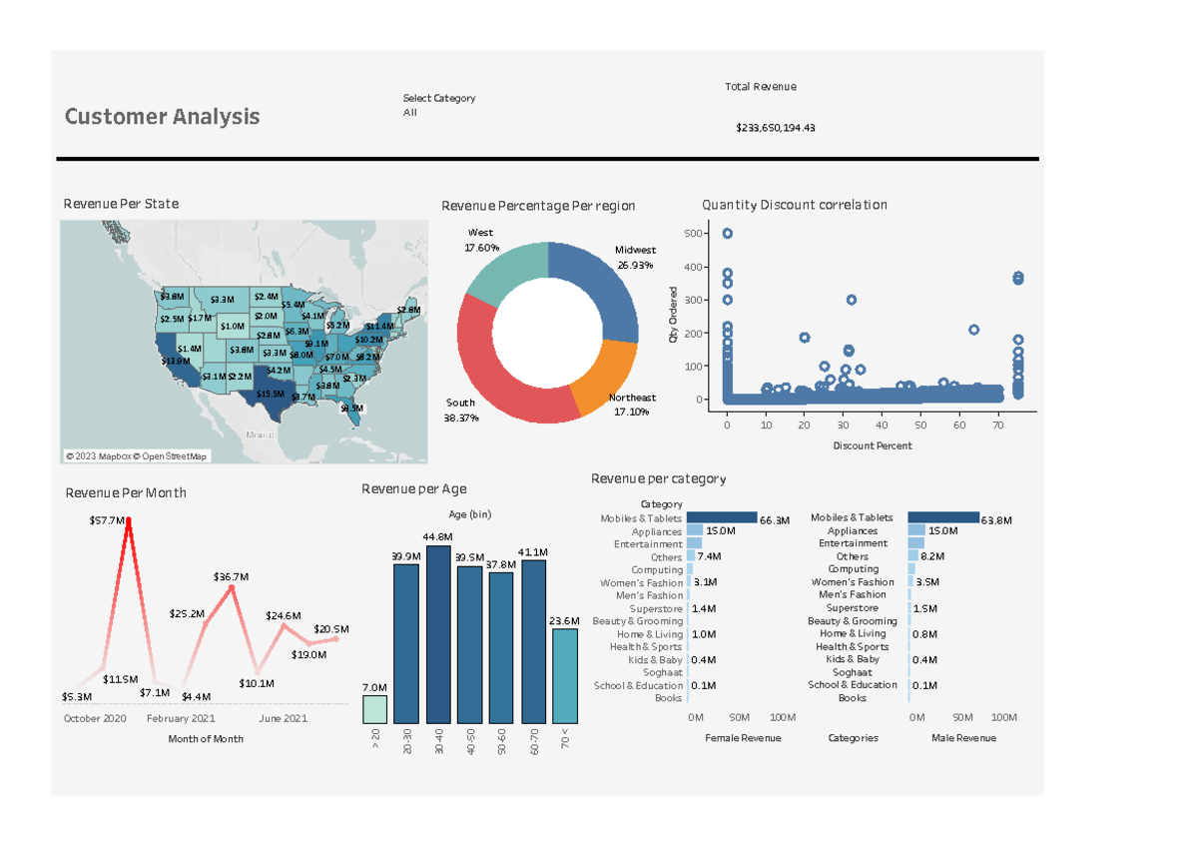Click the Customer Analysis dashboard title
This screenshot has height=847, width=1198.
pos(162,117)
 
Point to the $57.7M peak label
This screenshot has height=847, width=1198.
pos(107,520)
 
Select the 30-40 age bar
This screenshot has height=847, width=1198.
pos(437,634)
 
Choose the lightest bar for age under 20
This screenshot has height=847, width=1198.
pos(374,709)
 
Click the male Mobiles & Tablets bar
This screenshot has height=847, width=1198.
pos(942,518)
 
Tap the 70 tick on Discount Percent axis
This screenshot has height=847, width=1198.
pos(997,424)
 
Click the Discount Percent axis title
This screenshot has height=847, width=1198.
pos(872,445)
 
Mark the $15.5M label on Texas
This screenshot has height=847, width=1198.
pos(270,394)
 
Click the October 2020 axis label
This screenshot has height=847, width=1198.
pos(95,718)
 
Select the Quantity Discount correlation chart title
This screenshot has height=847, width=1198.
pos(794,205)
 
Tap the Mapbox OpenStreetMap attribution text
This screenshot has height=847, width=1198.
pos(137,456)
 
